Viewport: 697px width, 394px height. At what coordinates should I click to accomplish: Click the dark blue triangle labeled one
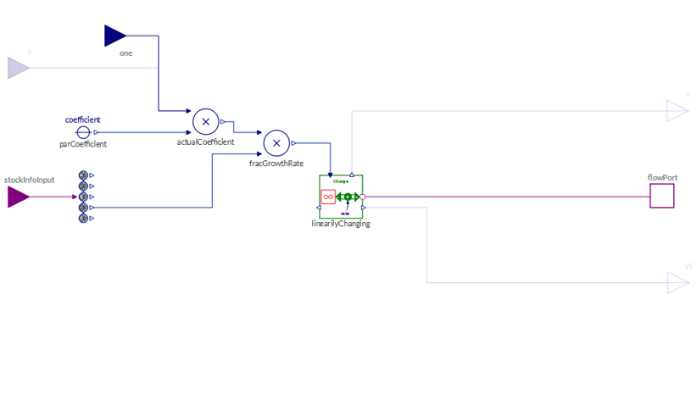114,36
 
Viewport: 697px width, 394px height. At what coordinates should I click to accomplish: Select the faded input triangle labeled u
18,68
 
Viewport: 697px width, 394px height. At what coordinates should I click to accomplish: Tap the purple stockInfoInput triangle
18,197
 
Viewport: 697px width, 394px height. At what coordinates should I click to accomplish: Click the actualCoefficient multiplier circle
205,122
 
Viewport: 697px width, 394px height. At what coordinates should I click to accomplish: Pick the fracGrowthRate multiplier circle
276,143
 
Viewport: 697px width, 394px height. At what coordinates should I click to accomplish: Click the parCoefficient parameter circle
82,133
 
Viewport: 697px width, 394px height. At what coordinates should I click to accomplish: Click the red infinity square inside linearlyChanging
328,197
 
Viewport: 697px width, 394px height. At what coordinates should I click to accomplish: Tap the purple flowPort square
661,197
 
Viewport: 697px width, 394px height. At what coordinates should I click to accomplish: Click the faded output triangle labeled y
677,111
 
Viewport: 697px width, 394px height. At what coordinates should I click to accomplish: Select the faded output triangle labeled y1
677,283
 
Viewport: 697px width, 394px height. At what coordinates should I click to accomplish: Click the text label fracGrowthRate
276,163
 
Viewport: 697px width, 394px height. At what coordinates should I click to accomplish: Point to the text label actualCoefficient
205,142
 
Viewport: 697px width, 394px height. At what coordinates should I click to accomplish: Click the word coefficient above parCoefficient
83,119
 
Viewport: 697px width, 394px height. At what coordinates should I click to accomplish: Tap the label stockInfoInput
30,180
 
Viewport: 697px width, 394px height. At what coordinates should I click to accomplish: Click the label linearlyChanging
341,225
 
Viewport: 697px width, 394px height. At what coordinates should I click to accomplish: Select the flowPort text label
662,178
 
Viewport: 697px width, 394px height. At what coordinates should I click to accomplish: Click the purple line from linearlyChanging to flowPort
509,197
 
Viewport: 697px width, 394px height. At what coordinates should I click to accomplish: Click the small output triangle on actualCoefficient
223,122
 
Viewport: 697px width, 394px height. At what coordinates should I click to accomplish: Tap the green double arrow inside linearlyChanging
348,197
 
